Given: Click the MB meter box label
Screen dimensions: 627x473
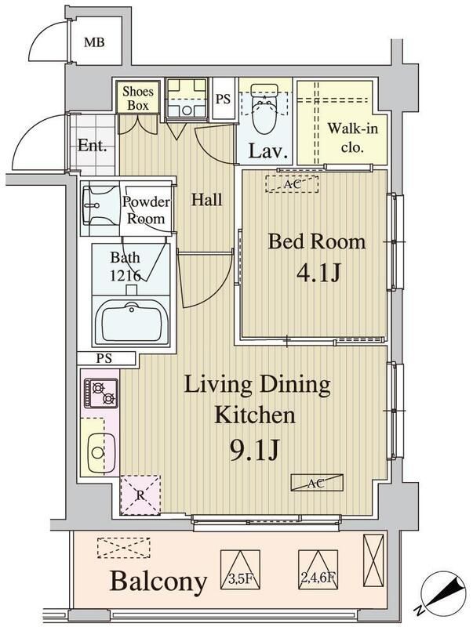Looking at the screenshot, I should tap(95, 42).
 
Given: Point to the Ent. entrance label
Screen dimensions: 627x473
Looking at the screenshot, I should tap(92, 145).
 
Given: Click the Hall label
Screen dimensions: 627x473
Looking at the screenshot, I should tap(206, 200).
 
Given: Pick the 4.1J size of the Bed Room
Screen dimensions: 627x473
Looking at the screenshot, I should tap(317, 274).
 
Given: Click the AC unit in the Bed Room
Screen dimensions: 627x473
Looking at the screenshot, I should tap(292, 184).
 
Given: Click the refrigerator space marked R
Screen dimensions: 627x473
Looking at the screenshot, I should tap(140, 495).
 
